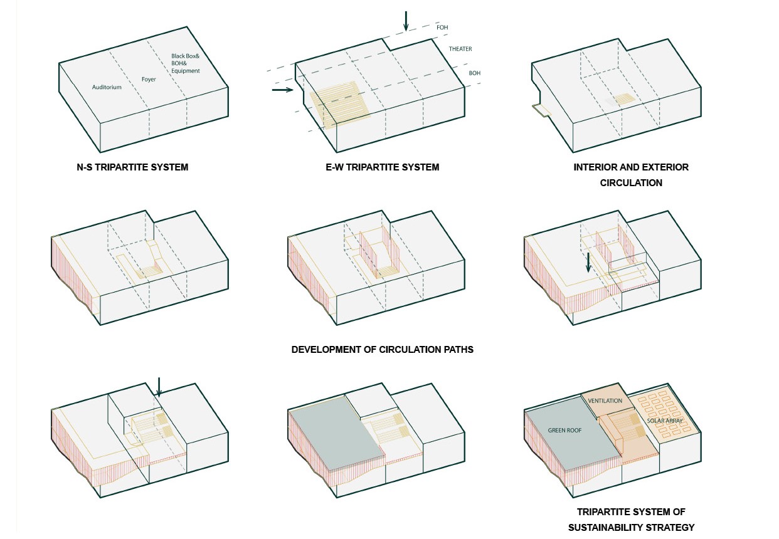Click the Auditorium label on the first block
point(107,87)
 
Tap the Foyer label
point(148,80)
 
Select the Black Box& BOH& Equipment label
point(185,63)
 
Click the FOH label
point(442,28)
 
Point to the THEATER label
point(460,49)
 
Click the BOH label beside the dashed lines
point(475,73)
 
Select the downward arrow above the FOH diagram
point(406,21)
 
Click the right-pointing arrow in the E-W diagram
point(283,90)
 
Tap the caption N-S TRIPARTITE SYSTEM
point(132,167)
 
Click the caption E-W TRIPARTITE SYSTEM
point(383,167)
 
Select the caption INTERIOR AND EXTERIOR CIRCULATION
point(631,175)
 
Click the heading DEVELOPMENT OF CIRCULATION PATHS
point(383,349)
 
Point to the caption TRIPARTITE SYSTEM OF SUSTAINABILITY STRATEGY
point(631,519)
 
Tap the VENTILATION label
point(605,400)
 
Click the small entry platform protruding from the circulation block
point(541,110)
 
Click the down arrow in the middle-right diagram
point(588,261)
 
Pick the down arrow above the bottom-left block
point(159,387)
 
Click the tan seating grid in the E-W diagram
point(339,102)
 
